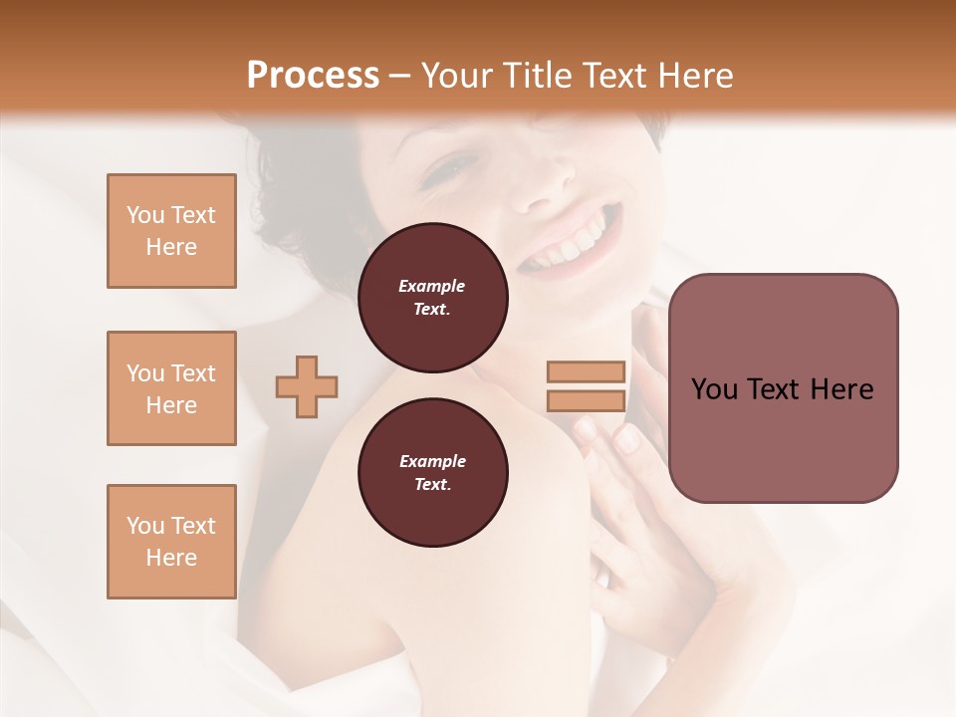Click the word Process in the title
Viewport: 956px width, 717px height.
313,75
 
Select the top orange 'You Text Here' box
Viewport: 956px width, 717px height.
171,231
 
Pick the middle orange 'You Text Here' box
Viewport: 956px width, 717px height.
171,388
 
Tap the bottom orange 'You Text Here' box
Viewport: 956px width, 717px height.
171,542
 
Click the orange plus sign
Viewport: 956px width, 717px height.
307,386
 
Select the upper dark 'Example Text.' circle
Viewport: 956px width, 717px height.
432,298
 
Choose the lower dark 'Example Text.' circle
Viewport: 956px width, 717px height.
432,472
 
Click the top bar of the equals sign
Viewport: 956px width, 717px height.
586,372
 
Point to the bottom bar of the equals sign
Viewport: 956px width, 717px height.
586,400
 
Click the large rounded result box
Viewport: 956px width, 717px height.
783,388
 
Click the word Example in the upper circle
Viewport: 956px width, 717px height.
432,286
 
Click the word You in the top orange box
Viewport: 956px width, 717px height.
145,215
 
